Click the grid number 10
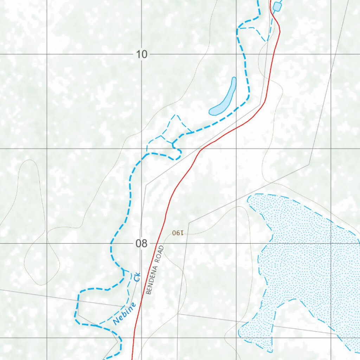(142, 54)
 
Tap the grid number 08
(142, 243)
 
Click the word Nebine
(124, 313)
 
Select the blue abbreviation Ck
(137, 277)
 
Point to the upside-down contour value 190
(178, 233)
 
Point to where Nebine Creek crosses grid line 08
(111, 243)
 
